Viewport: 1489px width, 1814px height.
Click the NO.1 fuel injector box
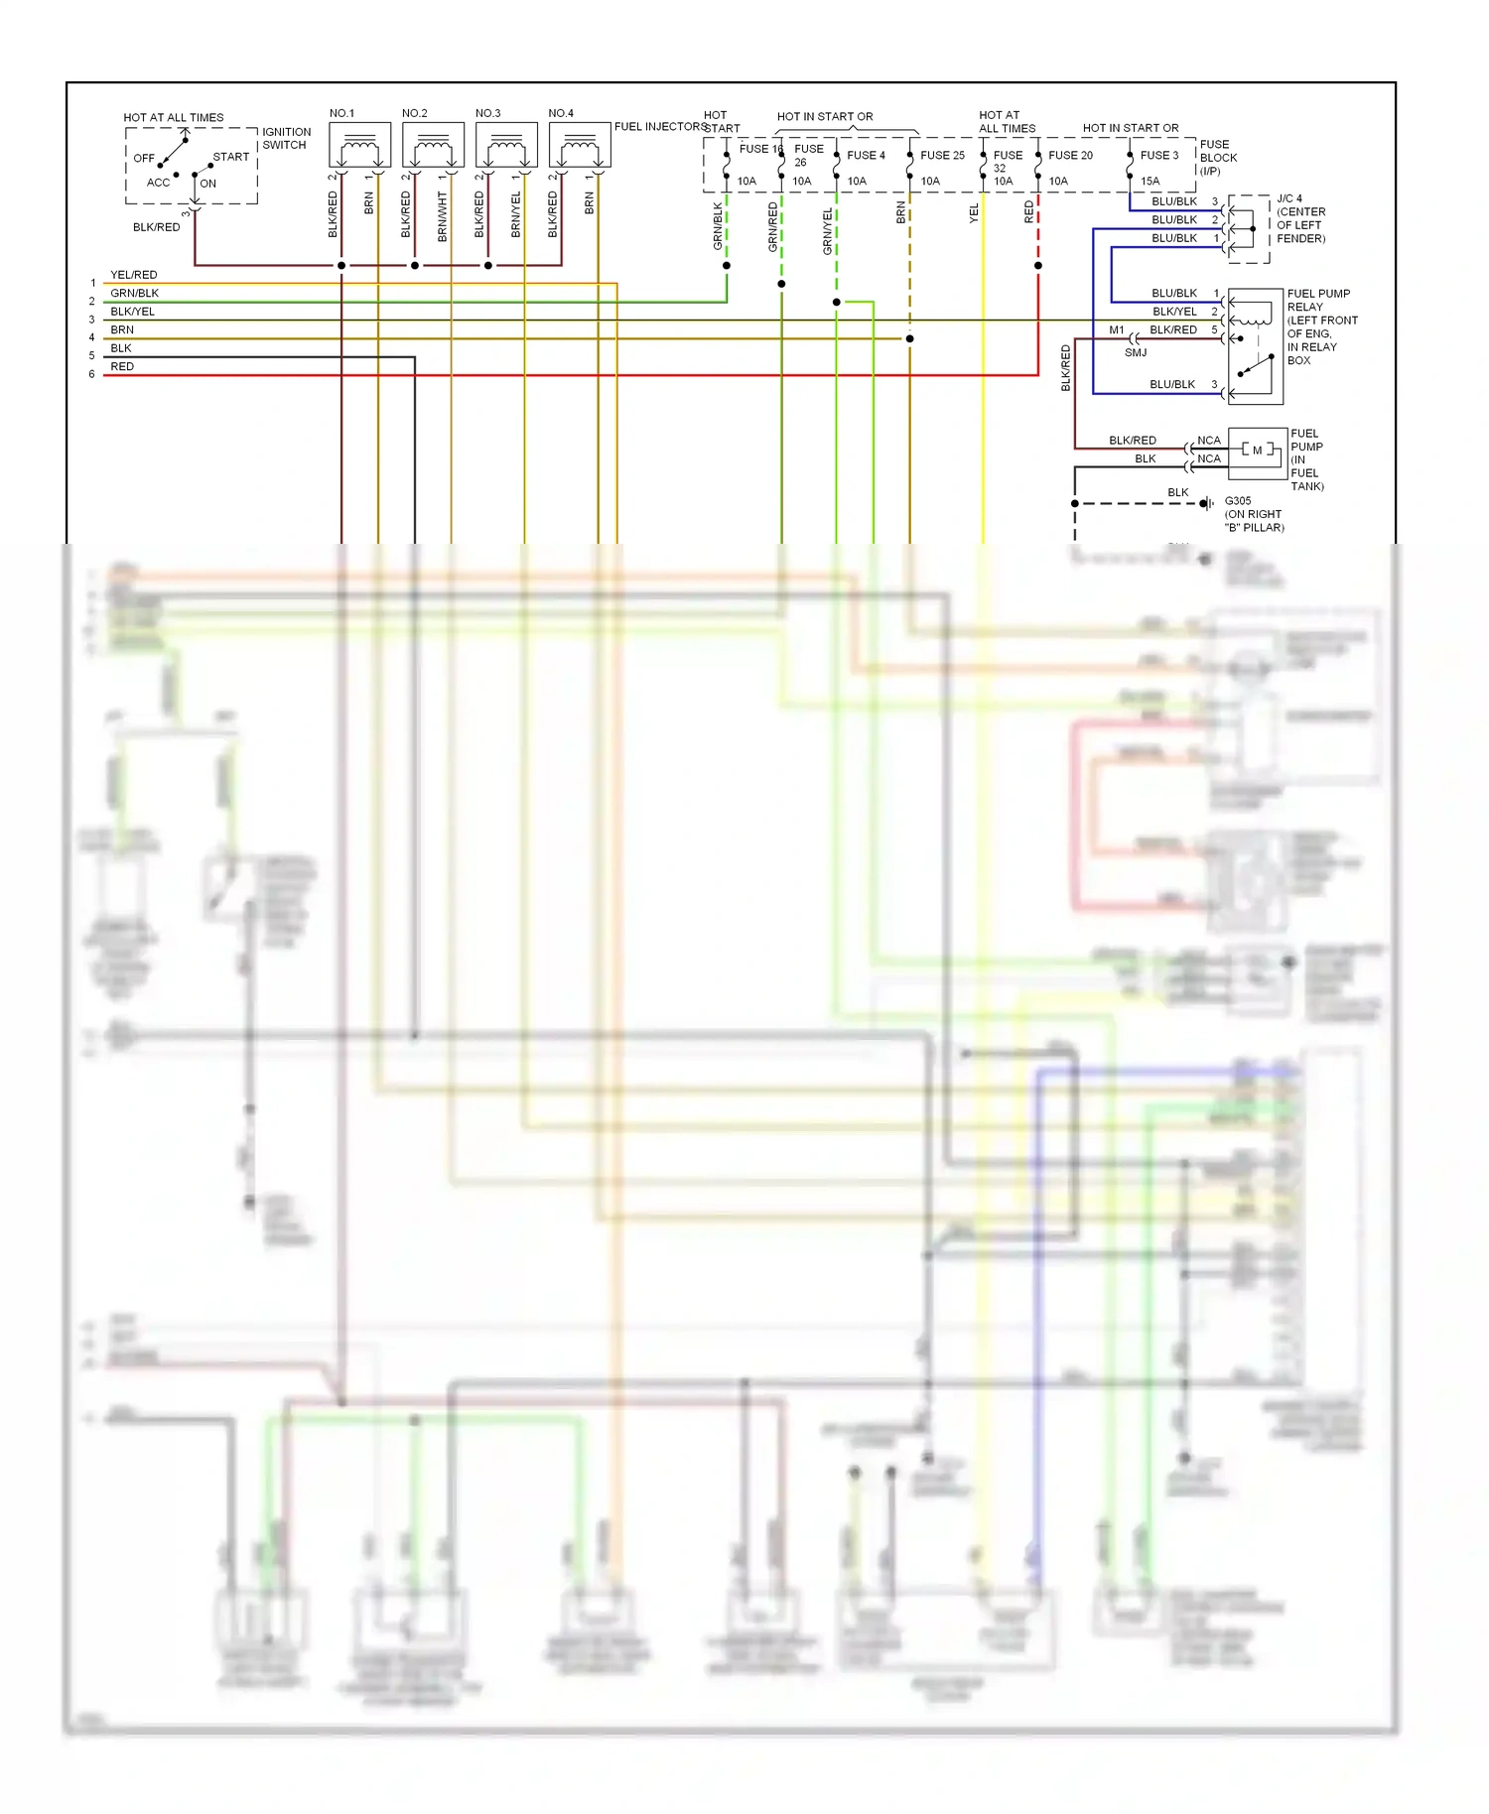[359, 146]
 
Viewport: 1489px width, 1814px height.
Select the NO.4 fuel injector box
[580, 146]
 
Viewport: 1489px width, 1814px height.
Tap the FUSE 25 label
[942, 156]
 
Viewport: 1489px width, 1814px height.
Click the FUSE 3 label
[1159, 156]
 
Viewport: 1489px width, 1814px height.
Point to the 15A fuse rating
[1150, 182]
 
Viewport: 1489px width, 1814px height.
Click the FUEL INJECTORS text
[659, 127]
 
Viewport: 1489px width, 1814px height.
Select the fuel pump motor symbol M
[1257, 451]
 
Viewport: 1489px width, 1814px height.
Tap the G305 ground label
[1238, 501]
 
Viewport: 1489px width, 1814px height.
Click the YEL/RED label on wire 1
[134, 275]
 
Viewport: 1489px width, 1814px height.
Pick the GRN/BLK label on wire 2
[135, 294]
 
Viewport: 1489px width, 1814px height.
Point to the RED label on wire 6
[122, 367]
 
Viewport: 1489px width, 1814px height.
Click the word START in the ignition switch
[231, 157]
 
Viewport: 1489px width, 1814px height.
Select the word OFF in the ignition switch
[144, 159]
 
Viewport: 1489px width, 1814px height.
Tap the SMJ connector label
[1136, 353]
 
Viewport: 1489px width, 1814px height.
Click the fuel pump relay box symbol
[1256, 346]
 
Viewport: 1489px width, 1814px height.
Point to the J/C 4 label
[1289, 198]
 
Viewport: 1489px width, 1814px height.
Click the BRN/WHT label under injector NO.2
[443, 217]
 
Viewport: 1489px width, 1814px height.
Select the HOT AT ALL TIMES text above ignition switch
[174, 117]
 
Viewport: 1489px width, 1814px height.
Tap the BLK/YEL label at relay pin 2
[1174, 312]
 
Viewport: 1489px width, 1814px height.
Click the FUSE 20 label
[1070, 156]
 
